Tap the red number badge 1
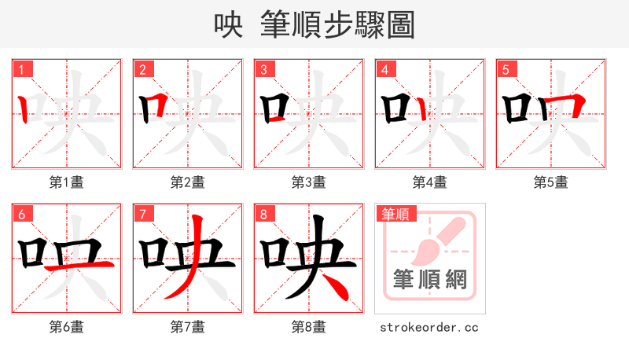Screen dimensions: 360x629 pos(20,69)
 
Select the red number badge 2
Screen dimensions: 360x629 pos(142,69)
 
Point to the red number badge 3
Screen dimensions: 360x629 pos(263,69)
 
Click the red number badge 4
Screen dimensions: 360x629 pos(384,69)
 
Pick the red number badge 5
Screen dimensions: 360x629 pos(505,69)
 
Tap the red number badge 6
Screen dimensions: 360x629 pos(20,214)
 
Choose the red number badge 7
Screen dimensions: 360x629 pos(142,214)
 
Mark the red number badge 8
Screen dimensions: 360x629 pos(263,214)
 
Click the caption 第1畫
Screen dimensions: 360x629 pos(66,182)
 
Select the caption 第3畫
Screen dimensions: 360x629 pos(308,182)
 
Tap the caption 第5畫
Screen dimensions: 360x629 pos(550,182)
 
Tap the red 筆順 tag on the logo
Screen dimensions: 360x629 pos(397,214)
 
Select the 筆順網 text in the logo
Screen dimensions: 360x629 pos(429,280)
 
